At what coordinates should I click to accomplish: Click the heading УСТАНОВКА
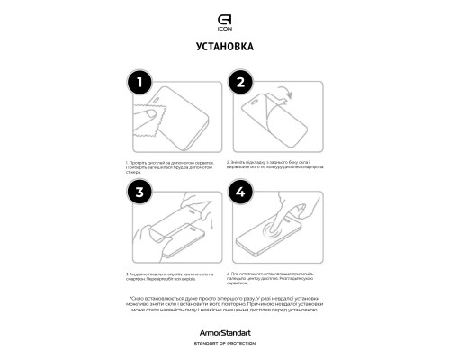pyautogui.click(x=224, y=46)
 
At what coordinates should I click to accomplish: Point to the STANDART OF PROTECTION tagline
pyautogui.click(x=224, y=343)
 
